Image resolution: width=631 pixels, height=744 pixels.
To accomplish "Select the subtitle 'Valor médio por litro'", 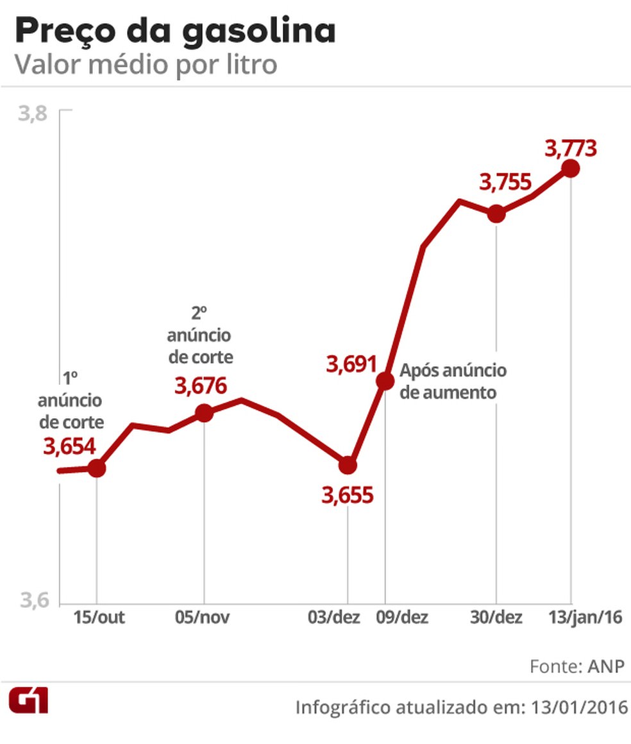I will coord(146,65).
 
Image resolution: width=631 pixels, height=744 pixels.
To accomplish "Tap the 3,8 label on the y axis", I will coord(33,114).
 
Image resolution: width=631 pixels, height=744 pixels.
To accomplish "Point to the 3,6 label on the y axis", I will coord(33,601).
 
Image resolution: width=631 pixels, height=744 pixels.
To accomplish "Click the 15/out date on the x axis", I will coord(99,618).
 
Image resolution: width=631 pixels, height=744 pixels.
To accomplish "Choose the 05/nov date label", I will coord(202,618).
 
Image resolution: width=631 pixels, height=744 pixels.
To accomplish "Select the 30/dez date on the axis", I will coord(496,618).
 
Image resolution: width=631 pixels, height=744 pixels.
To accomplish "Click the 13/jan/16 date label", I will coord(586,618).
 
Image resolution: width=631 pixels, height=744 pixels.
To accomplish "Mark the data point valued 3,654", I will coord(96,468).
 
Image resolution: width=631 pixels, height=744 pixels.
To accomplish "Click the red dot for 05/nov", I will coord(204,413).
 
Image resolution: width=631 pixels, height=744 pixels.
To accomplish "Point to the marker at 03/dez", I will coord(348,464).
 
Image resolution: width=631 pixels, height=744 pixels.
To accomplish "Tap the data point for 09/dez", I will coord(385,381).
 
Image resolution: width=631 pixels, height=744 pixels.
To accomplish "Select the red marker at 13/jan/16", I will coord(570,169).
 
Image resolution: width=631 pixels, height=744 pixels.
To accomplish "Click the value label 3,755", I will coord(505,182).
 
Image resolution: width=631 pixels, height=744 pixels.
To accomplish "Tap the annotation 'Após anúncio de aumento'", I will coord(453,381).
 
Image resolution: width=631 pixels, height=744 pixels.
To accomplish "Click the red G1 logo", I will coord(28,701).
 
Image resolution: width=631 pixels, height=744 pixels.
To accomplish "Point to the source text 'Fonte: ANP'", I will coord(576,666).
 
